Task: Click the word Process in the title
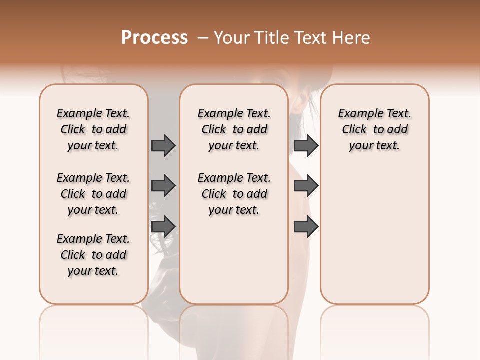154,38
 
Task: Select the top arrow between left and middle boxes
163,145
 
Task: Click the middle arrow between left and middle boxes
163,186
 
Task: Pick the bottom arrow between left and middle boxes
163,226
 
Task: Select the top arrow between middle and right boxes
306,145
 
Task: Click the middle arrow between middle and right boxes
306,186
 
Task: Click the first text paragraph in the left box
93,129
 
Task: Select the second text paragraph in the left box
93,194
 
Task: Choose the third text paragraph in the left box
93,255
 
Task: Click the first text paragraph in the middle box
234,129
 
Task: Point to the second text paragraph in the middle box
234,194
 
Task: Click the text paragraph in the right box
374,129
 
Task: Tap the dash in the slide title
203,38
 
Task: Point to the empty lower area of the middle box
234,260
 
